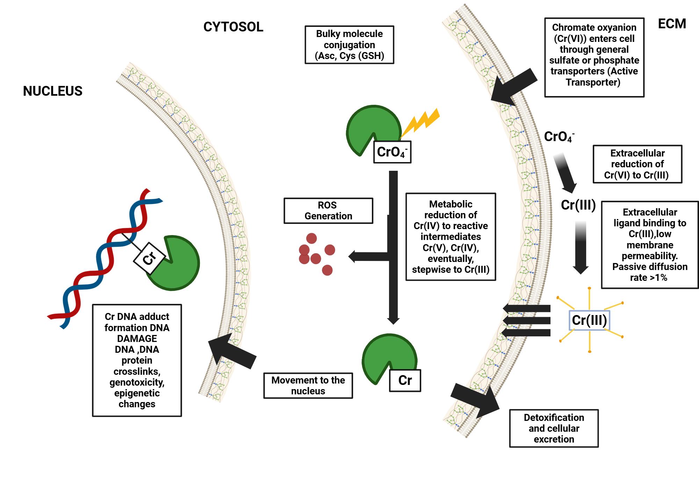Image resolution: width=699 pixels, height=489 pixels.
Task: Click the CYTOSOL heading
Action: (233, 27)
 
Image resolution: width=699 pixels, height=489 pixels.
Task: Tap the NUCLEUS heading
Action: (52, 91)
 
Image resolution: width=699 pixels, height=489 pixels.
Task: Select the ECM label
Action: (672, 24)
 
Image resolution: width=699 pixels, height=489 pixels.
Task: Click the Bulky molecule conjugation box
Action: (349, 45)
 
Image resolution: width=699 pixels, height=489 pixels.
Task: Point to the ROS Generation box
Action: (328, 211)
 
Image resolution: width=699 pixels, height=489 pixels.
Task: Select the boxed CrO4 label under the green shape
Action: (392, 152)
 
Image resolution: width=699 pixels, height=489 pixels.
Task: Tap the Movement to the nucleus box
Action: (308, 385)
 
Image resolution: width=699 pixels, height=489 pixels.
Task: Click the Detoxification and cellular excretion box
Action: (554, 428)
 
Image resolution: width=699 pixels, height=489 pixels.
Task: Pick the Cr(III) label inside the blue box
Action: (589, 320)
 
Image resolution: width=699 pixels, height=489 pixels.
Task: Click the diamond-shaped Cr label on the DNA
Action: (149, 258)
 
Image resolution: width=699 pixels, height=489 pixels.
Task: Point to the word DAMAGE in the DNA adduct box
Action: (137, 338)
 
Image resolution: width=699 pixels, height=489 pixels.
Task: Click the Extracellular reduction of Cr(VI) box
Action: (637, 164)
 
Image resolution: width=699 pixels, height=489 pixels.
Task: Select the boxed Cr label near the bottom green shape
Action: (405, 380)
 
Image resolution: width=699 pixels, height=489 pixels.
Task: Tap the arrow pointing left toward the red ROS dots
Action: (367, 256)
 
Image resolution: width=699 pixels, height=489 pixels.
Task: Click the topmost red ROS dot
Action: (311, 238)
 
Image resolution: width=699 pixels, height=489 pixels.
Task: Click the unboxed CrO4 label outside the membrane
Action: (559, 137)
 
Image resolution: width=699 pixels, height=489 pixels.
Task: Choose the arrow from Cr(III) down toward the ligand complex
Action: (581, 248)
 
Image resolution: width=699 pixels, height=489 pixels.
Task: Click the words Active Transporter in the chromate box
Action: (594, 76)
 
